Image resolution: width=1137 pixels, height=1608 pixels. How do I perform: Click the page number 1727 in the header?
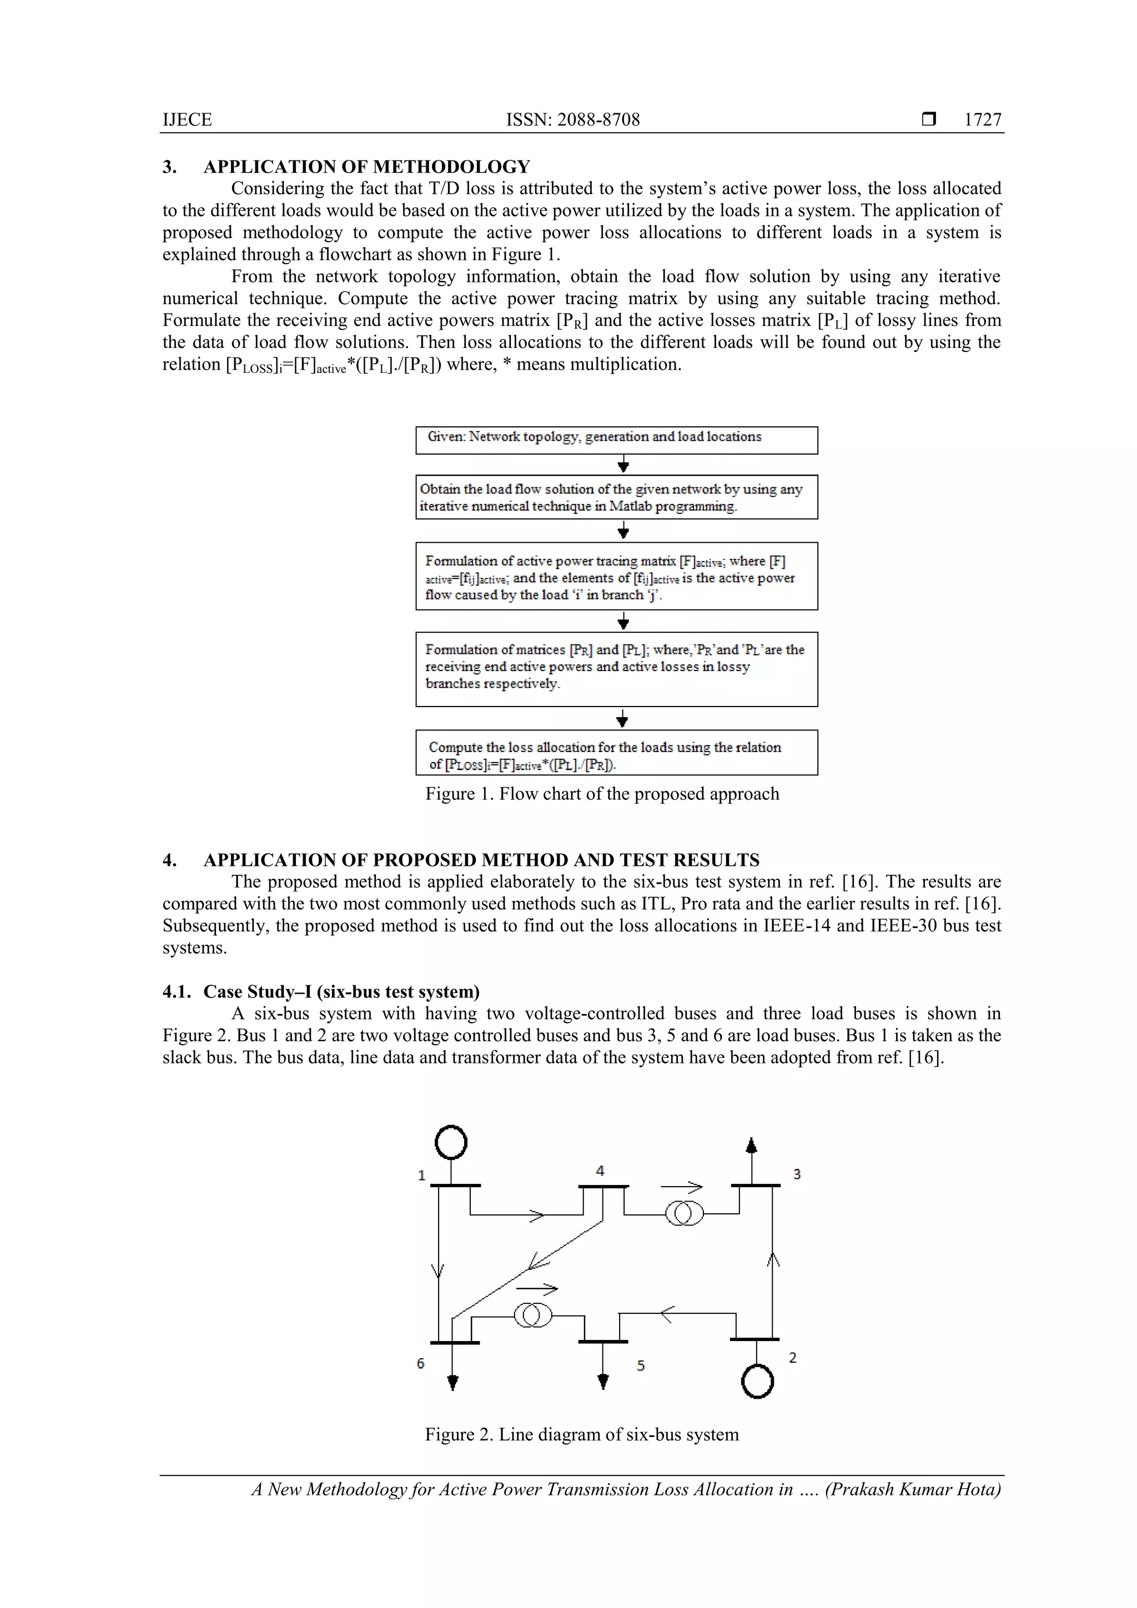(x=982, y=120)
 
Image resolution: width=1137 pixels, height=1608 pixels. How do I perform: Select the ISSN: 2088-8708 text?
(x=572, y=120)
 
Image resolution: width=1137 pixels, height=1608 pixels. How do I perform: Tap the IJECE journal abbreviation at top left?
(x=187, y=120)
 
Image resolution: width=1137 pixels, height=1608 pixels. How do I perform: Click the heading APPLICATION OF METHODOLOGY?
(x=366, y=167)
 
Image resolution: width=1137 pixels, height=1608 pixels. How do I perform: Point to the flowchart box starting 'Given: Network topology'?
(x=616, y=440)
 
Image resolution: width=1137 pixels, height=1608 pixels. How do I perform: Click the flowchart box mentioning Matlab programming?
(x=616, y=497)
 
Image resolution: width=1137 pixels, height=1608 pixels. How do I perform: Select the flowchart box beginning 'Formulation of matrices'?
(x=616, y=669)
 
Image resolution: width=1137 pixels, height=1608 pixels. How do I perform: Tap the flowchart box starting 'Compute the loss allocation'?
(x=616, y=753)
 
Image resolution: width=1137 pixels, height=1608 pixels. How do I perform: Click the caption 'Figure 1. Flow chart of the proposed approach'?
(x=602, y=794)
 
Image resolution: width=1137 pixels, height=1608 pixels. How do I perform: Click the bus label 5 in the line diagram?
(x=640, y=1365)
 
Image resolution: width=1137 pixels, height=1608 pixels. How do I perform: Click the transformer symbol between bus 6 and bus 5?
(x=533, y=1315)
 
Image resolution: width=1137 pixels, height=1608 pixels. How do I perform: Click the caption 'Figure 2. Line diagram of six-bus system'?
(x=581, y=1434)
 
